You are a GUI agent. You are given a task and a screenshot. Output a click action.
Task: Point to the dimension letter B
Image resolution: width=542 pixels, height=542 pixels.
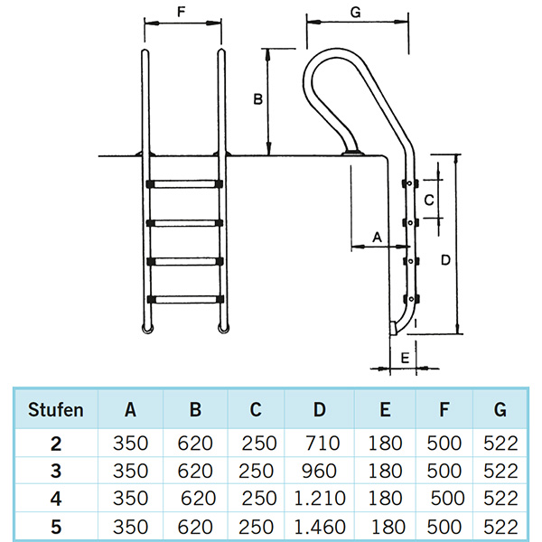[257, 100]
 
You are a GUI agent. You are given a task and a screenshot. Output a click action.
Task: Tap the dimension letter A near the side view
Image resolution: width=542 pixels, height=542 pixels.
[378, 237]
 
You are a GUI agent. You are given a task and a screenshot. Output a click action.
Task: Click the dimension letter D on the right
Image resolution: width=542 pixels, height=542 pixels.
[444, 260]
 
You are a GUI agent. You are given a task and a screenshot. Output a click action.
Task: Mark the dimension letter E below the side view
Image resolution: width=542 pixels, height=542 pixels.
[404, 358]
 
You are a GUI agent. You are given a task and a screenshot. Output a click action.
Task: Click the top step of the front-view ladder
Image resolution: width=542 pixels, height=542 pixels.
[183, 184]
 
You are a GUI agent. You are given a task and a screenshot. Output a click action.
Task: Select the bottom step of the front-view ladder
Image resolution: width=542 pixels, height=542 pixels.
[183, 298]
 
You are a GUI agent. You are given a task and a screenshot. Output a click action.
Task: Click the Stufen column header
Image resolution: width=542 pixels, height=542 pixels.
[56, 410]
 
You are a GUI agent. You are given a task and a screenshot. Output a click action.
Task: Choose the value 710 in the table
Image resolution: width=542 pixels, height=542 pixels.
[323, 444]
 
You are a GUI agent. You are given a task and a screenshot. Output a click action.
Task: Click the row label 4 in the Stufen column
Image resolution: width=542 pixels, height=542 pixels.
[56, 498]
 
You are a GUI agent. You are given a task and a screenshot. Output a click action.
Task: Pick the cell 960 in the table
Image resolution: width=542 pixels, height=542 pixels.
[319, 471]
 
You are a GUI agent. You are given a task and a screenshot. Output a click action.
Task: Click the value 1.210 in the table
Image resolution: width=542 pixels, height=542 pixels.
[320, 498]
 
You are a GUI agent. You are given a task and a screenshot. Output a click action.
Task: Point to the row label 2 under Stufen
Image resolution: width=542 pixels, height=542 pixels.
[56, 444]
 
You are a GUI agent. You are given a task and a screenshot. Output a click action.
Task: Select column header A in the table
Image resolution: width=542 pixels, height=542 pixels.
[130, 410]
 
